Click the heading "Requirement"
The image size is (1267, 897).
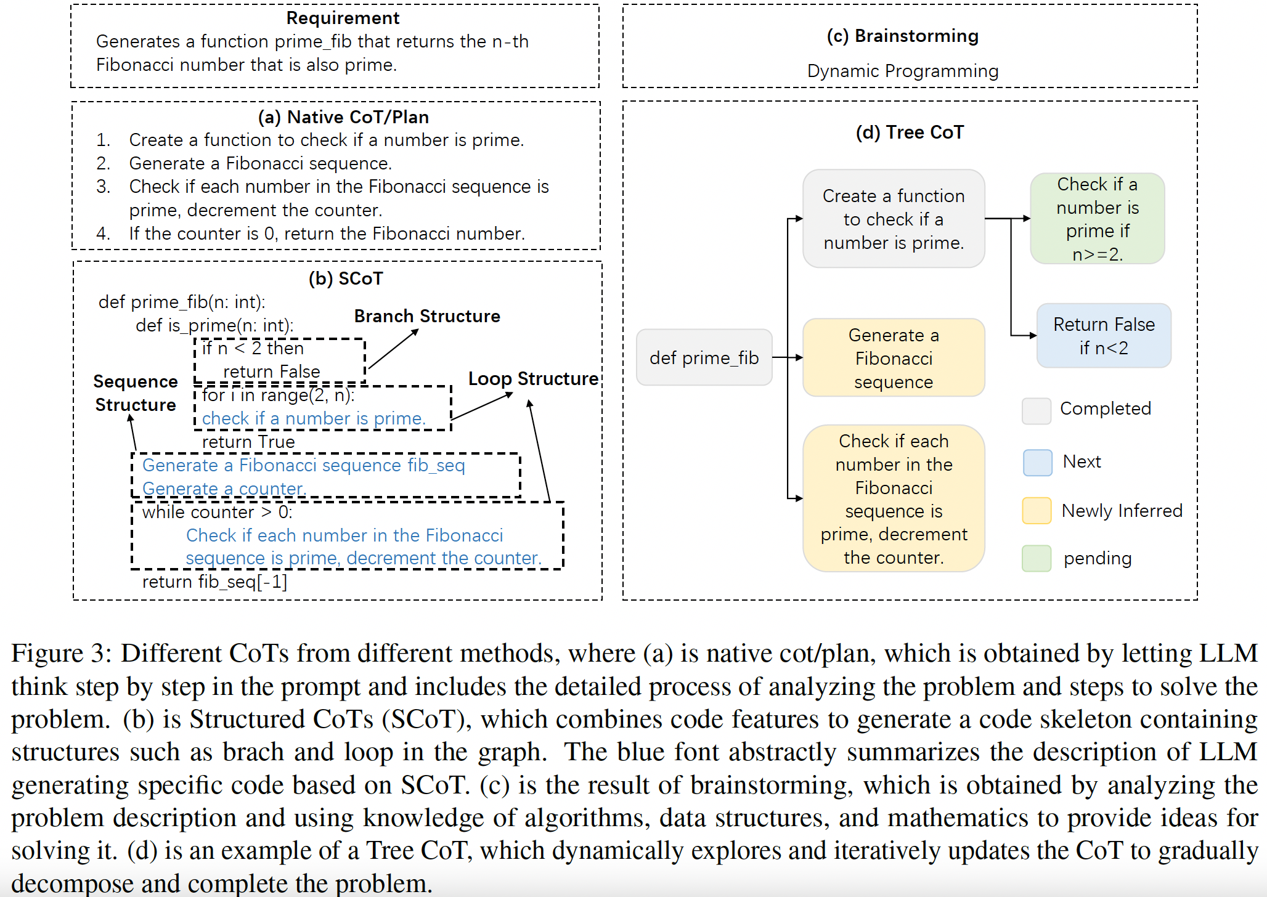pyautogui.click(x=343, y=18)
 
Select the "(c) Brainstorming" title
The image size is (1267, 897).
pyautogui.click(x=902, y=36)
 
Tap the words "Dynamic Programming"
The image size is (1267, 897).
pyautogui.click(x=902, y=71)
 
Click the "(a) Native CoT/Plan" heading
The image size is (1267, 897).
pyautogui.click(x=343, y=117)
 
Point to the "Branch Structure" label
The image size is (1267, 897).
pyautogui.click(x=427, y=316)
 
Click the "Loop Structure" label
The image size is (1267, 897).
pyautogui.click(x=533, y=378)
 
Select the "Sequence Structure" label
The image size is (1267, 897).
pyautogui.click(x=136, y=393)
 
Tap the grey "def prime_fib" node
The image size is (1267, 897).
pyautogui.click(x=704, y=357)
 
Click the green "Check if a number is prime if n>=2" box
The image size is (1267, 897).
pyautogui.click(x=1097, y=219)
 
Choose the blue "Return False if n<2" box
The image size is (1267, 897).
pyautogui.click(x=1104, y=336)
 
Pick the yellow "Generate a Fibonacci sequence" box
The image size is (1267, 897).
pyautogui.click(x=894, y=358)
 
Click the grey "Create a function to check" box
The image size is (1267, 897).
pyautogui.click(x=894, y=219)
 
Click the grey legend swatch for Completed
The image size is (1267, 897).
pyautogui.click(x=1037, y=411)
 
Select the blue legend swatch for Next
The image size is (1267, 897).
pyautogui.click(x=1037, y=462)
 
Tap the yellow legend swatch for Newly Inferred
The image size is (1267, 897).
pyautogui.click(x=1037, y=511)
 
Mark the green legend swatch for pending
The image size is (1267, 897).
pyautogui.click(x=1037, y=558)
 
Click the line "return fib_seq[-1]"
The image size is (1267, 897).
pyautogui.click(x=214, y=582)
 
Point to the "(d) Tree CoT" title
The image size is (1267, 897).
pyautogui.click(x=910, y=132)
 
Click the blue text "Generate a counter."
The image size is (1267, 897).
pyautogui.click(x=224, y=489)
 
